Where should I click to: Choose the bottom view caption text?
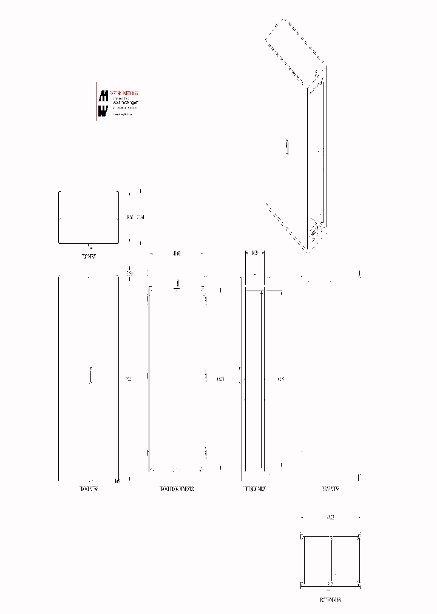[331, 599]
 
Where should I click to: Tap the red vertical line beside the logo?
[96, 101]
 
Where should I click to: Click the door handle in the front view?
[90, 376]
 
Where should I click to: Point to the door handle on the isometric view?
[288, 147]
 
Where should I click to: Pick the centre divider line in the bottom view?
[331, 561]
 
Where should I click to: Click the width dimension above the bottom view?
[330, 518]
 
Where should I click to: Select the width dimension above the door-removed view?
[177, 253]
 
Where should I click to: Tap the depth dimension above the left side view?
[254, 252]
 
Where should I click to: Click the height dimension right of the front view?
[129, 379]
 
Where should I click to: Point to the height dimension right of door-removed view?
[220, 379]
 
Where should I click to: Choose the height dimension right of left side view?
[280, 379]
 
